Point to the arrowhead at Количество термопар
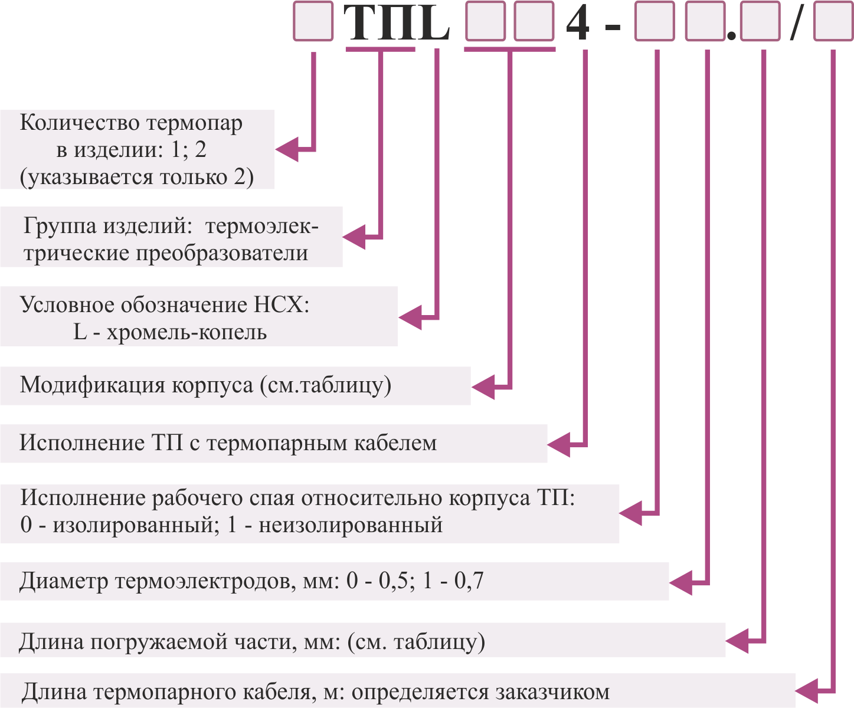click(287, 149)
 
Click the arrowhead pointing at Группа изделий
click(354, 237)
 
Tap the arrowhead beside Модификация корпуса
click(483, 386)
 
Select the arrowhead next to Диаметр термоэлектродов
click(680, 582)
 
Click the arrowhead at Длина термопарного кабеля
click(807, 691)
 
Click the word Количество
click(80, 122)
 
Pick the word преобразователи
click(222, 253)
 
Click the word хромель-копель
click(187, 332)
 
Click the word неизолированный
click(351, 525)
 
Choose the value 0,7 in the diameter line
click(469, 581)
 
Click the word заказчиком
click(552, 692)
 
